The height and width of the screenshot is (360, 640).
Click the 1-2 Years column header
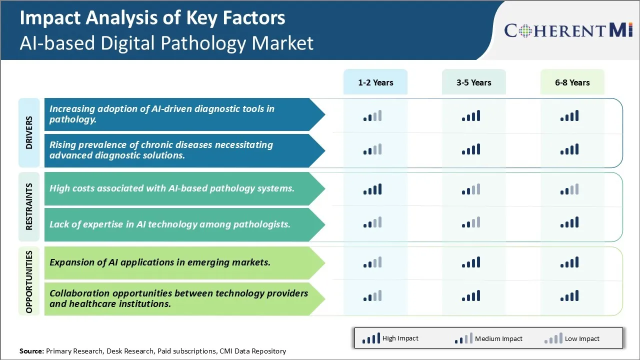(x=375, y=82)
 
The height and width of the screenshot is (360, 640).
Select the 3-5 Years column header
(x=473, y=82)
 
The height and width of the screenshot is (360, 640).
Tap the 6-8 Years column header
(x=572, y=82)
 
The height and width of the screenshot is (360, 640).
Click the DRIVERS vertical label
(x=29, y=132)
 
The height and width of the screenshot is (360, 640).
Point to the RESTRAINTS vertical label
(x=29, y=206)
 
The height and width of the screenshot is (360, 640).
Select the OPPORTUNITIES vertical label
(x=29, y=281)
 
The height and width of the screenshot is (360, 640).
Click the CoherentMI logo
(x=568, y=30)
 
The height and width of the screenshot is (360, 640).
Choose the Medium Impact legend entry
(x=488, y=338)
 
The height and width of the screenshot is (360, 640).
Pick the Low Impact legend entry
(x=572, y=338)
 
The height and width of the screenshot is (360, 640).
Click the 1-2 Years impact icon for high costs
(x=372, y=189)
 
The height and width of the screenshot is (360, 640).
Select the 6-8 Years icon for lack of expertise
(x=569, y=223)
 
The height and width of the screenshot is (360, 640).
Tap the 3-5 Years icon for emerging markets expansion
(x=471, y=262)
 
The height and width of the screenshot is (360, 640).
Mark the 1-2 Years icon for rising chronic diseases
(x=372, y=149)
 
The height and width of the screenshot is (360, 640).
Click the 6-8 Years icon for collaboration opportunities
(x=569, y=296)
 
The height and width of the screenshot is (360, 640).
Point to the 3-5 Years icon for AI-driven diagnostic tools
(x=471, y=116)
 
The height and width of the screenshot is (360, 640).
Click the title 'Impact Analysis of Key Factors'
(x=152, y=18)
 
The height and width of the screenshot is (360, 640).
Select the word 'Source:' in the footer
(x=31, y=351)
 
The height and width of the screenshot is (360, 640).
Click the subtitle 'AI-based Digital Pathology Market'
(x=166, y=43)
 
